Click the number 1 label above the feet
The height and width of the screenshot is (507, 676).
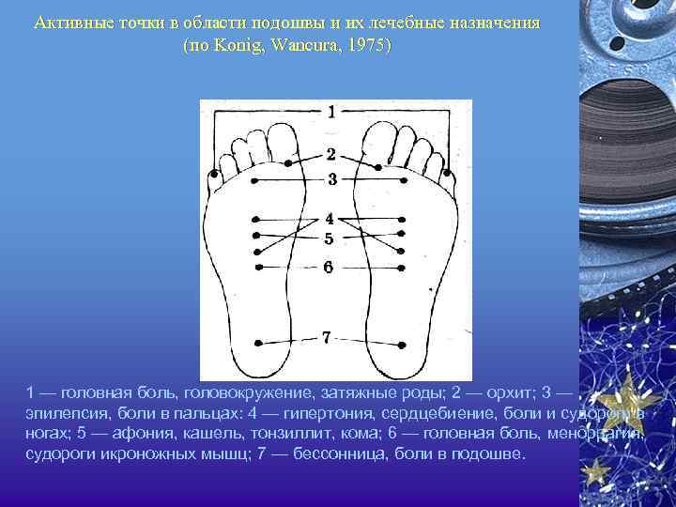tap(330, 112)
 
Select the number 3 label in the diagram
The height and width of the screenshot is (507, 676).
tap(331, 177)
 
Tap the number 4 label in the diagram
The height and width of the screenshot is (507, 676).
tap(329, 219)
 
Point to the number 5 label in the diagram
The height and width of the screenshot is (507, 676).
tap(329, 238)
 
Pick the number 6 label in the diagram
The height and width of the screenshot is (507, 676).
tap(328, 267)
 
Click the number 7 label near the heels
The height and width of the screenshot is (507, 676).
tap(327, 337)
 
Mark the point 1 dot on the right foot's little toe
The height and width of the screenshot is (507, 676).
tap(447, 174)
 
